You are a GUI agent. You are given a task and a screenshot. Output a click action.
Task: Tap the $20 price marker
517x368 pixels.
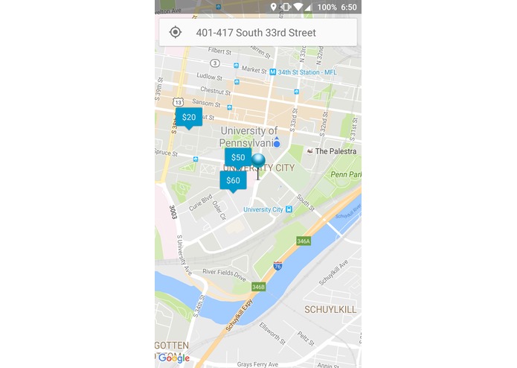click(189, 117)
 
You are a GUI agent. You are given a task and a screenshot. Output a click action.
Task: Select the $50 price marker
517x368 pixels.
click(238, 157)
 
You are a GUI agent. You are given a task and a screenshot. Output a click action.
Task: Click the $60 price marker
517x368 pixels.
click(233, 180)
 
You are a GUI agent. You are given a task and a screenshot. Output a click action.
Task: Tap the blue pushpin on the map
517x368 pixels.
click(258, 162)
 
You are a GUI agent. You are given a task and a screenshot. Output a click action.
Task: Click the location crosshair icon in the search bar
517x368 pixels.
click(176, 32)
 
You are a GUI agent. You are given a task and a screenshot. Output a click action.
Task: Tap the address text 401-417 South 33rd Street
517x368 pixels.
click(256, 33)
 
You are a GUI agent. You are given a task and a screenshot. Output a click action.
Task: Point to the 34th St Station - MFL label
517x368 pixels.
click(305, 72)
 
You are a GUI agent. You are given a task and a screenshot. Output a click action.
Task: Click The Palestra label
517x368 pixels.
click(335, 151)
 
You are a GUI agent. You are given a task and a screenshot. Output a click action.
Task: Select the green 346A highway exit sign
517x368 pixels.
click(303, 241)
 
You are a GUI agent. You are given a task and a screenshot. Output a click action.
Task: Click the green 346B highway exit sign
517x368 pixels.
click(258, 287)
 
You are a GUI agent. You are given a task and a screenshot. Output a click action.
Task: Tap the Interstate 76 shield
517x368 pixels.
click(277, 265)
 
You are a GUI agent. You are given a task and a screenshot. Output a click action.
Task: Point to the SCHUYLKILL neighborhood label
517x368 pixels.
click(330, 309)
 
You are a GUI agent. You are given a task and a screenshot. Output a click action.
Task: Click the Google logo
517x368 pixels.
click(174, 358)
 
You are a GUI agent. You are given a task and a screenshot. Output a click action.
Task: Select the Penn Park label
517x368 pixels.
click(346, 174)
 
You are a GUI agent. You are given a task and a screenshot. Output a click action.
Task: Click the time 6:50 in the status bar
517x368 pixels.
click(349, 7)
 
